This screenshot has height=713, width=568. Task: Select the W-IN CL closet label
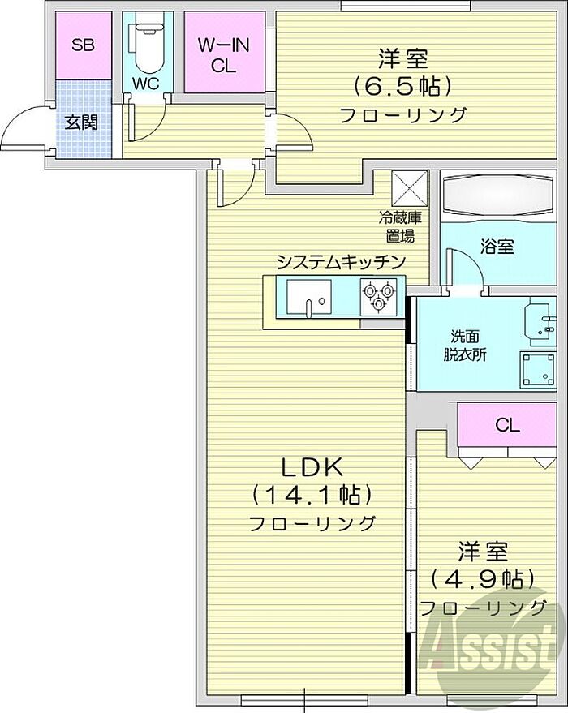click(x=224, y=55)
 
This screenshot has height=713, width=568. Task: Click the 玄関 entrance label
click(x=81, y=122)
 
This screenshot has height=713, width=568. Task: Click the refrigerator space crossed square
click(x=409, y=188)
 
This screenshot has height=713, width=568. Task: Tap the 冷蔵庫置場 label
click(x=401, y=226)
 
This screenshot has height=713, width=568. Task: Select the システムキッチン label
click(x=341, y=262)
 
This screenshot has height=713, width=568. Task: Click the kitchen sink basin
click(x=309, y=297)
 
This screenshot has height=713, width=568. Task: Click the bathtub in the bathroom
click(x=498, y=196)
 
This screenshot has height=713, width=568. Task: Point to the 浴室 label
click(x=497, y=247)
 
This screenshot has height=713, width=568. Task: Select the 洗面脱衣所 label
click(x=465, y=346)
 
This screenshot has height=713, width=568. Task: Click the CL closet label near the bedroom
click(x=507, y=425)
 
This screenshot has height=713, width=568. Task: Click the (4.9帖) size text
click(x=483, y=579)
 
